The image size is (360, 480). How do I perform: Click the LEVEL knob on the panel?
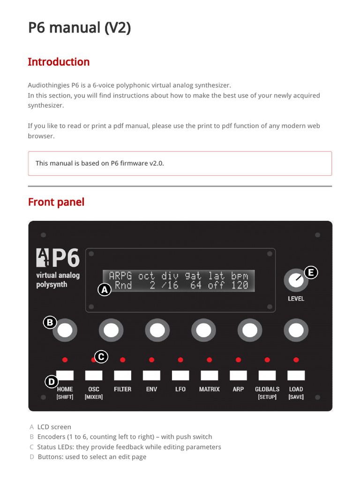click(295, 281)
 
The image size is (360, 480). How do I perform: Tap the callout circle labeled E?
click(311, 272)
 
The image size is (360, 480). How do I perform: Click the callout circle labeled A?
click(105, 290)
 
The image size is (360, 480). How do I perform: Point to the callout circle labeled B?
click(50, 322)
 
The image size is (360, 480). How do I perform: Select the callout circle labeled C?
click(100, 357)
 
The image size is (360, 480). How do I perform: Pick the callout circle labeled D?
click(51, 382)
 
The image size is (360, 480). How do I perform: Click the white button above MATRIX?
click(209, 375)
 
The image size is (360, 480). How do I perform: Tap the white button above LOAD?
click(296, 375)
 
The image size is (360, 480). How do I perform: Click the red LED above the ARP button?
click(238, 360)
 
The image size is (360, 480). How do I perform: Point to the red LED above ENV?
click(151, 360)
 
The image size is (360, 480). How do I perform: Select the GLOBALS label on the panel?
click(267, 389)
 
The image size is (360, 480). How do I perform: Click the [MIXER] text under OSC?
click(94, 397)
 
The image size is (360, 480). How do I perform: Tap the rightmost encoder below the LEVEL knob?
click(296, 331)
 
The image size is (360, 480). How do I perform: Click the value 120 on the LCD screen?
click(240, 285)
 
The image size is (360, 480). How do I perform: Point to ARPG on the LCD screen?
click(120, 275)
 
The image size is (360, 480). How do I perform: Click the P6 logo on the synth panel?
click(58, 258)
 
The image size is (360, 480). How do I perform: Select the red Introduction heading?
click(59, 62)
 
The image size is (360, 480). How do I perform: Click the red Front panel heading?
click(56, 202)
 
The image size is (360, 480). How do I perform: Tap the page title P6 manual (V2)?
click(79, 28)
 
